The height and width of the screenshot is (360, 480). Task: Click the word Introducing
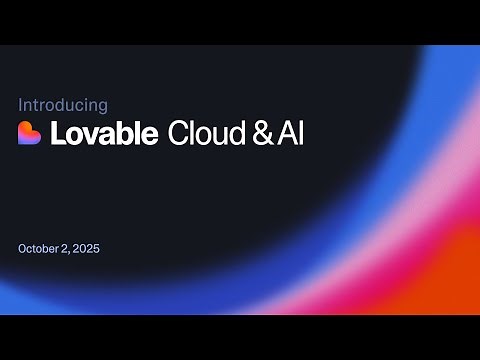63,104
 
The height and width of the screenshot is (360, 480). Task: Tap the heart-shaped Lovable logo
30,133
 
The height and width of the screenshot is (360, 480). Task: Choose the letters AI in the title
291,133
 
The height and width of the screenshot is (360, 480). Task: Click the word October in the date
40,247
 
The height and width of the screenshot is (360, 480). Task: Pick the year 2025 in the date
87,247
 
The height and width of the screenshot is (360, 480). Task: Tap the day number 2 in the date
67,247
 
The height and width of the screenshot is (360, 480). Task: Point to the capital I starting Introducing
21,104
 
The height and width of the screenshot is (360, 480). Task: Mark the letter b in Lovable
125,133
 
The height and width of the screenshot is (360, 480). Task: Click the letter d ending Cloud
240,133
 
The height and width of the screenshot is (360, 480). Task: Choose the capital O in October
23,247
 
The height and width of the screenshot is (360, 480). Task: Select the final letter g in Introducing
103,106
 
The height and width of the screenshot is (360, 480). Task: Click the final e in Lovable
151,134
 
